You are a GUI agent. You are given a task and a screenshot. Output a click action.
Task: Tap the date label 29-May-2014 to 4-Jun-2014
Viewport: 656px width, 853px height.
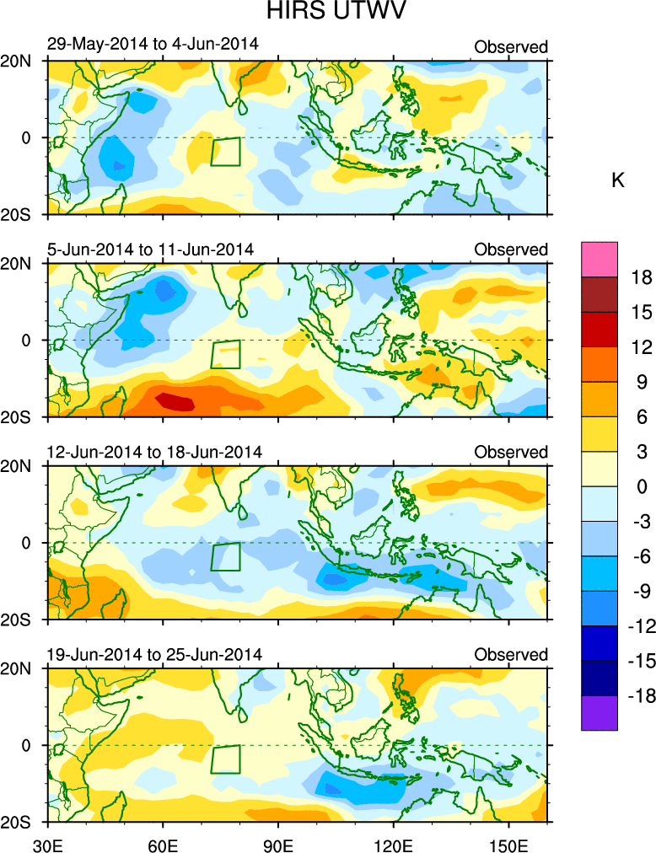click(153, 44)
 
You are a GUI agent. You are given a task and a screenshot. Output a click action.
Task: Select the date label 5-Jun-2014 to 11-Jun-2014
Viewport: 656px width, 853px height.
click(150, 249)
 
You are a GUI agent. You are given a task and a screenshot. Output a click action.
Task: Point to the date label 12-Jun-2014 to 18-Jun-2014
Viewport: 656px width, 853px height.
click(154, 452)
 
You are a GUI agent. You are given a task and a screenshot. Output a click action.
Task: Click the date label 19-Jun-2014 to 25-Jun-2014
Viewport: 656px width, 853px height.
click(154, 655)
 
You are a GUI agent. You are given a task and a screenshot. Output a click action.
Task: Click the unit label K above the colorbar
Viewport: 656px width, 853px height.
click(617, 181)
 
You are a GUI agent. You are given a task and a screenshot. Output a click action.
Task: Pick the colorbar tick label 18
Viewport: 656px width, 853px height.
click(643, 277)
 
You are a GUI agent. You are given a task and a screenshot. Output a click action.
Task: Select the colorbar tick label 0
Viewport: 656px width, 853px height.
click(643, 486)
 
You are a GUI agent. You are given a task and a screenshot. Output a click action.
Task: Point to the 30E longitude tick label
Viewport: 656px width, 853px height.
click(46, 842)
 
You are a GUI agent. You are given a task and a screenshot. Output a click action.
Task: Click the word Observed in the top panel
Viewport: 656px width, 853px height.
click(511, 47)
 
